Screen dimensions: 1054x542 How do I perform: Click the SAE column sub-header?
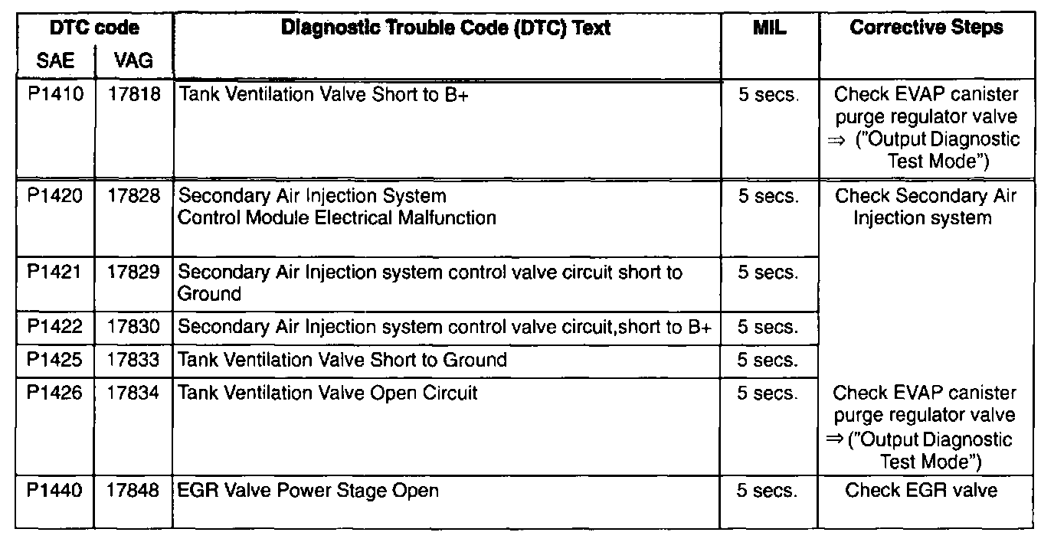click(56, 60)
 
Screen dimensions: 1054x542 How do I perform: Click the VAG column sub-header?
click(133, 60)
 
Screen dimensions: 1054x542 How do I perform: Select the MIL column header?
click(769, 28)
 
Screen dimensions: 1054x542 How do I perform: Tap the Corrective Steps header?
click(926, 28)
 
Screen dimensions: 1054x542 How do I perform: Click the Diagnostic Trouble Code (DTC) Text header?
click(446, 28)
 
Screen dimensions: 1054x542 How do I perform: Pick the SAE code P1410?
click(56, 95)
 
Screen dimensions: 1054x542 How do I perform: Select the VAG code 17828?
click(134, 196)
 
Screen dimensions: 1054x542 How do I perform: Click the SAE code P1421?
click(56, 272)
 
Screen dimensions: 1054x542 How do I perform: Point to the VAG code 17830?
click(134, 328)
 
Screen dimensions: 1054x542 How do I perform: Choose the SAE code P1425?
click(56, 360)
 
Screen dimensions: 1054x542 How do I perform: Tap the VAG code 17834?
click(134, 393)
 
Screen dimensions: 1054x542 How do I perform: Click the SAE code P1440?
click(56, 490)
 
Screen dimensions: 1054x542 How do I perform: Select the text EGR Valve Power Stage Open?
click(308, 490)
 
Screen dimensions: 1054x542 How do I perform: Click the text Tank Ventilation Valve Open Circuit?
click(328, 393)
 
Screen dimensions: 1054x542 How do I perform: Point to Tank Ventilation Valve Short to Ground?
click(342, 360)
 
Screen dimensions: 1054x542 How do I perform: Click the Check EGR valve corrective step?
click(921, 490)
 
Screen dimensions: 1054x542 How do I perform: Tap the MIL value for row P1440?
click(767, 490)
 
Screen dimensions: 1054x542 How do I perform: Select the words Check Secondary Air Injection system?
click(925, 207)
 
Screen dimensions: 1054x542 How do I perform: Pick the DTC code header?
click(94, 28)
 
